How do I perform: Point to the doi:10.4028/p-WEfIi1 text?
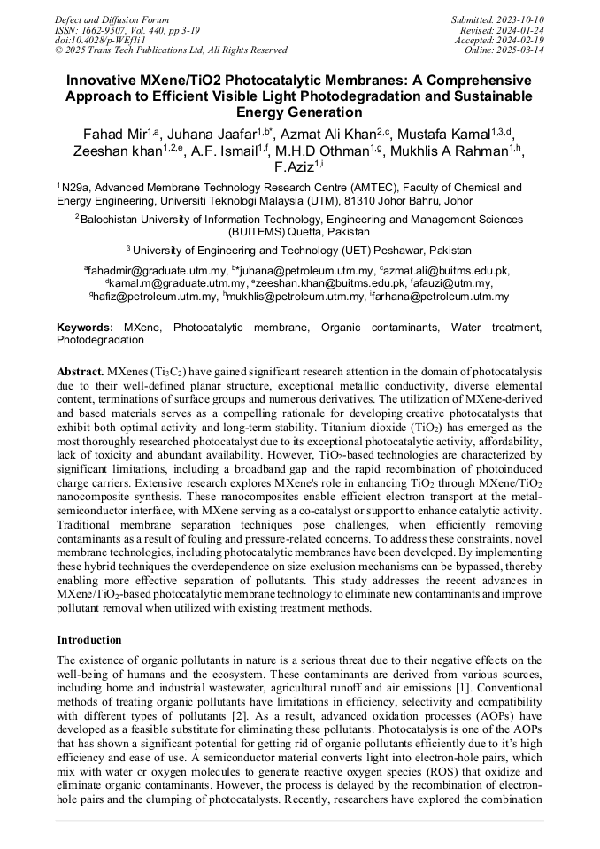[x=100, y=40]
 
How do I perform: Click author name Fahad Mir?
[x=107, y=134]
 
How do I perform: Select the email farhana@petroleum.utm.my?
[x=440, y=297]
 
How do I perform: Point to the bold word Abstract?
[x=81, y=372]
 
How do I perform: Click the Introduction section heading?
[x=89, y=639]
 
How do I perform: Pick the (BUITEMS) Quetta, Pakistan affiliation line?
[x=299, y=231]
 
